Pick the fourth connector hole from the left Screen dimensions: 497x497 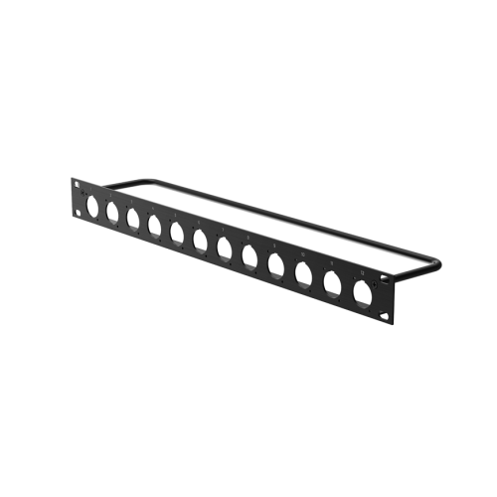pos(154,228)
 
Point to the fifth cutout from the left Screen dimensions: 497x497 pos(177,235)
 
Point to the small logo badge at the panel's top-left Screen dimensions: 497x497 pos(78,185)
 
